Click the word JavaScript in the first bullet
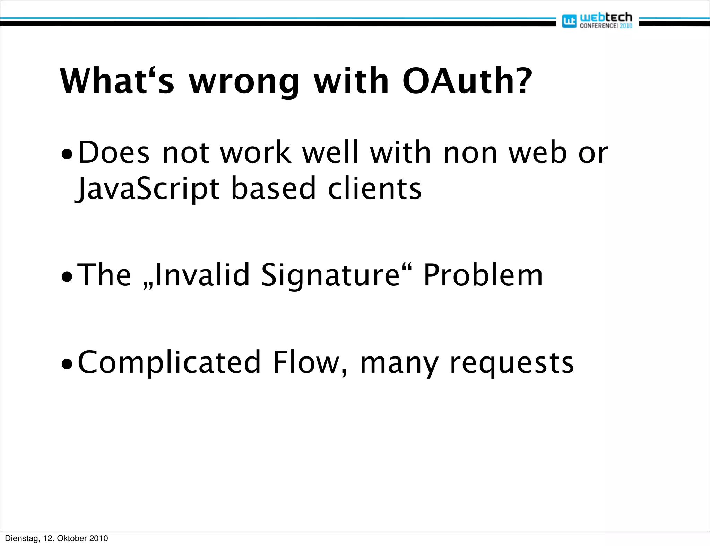147,189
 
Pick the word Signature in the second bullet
330,275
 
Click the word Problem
483,275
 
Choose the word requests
512,364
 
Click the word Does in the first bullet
114,153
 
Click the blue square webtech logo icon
569,21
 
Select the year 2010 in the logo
626,26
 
